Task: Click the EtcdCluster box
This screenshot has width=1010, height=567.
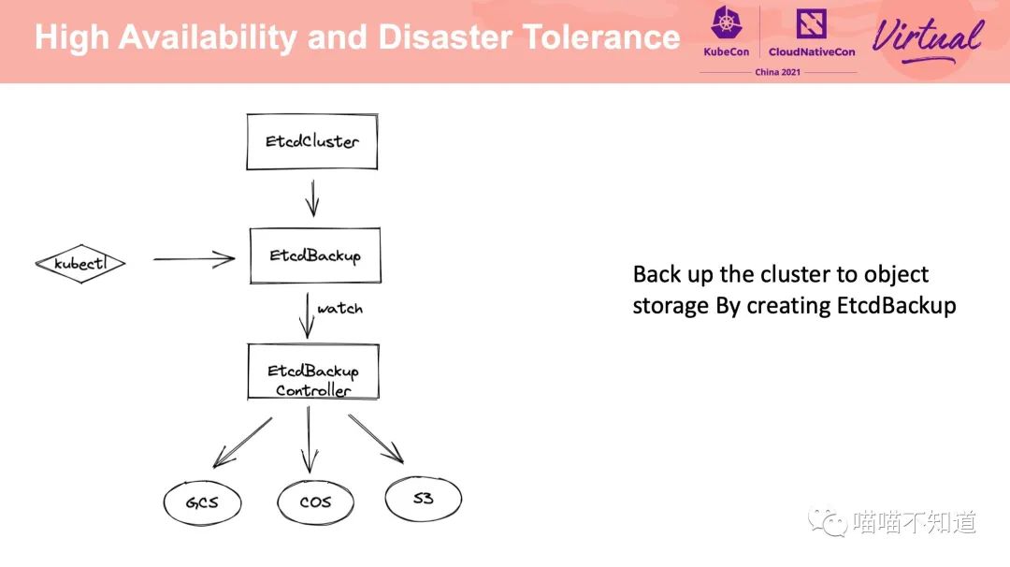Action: pos(312,142)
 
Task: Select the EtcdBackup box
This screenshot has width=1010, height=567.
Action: pos(315,255)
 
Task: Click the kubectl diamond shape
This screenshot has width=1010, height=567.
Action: pos(79,263)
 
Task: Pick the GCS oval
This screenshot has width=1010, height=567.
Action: pos(202,502)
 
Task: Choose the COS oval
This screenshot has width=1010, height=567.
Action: pos(316,502)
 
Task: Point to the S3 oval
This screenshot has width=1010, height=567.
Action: pos(424,499)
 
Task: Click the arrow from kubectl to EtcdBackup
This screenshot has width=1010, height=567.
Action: pos(194,259)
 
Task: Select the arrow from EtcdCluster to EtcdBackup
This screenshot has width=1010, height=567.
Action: pos(312,197)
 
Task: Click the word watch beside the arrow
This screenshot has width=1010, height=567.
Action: pos(339,308)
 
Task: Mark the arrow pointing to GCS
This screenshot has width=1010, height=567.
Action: pos(241,442)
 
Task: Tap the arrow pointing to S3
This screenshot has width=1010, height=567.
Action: pos(376,438)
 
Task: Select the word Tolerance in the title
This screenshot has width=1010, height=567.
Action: pos(601,37)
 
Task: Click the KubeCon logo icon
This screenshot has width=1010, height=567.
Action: pos(726,23)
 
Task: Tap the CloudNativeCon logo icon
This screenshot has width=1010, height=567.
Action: pos(811,23)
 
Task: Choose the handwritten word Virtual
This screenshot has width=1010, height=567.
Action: pos(927,36)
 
